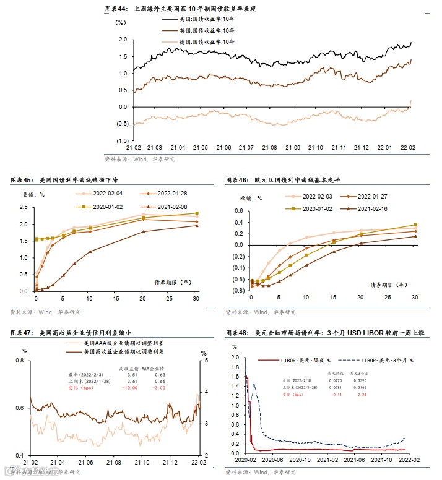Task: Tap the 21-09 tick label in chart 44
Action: pos(292,148)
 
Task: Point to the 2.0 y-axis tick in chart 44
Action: pos(123,40)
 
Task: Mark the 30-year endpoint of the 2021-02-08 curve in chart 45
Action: pos(197,226)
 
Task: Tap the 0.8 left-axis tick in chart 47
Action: pos(19,361)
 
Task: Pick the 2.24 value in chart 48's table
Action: pos(363,394)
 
